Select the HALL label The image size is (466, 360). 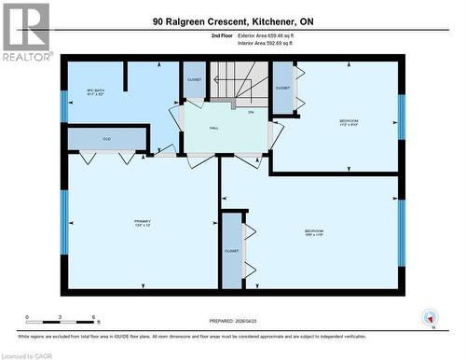point(213,128)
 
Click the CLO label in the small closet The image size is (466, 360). point(106,139)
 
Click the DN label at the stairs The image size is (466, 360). point(251,112)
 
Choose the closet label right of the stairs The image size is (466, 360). point(282,88)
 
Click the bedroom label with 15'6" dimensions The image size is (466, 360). point(313,233)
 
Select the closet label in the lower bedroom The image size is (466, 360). point(231,251)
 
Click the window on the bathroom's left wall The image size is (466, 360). point(64,105)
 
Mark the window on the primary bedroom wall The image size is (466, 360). point(64,215)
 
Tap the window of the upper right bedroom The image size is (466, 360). point(401,116)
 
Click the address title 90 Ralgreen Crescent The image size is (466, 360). point(233,21)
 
